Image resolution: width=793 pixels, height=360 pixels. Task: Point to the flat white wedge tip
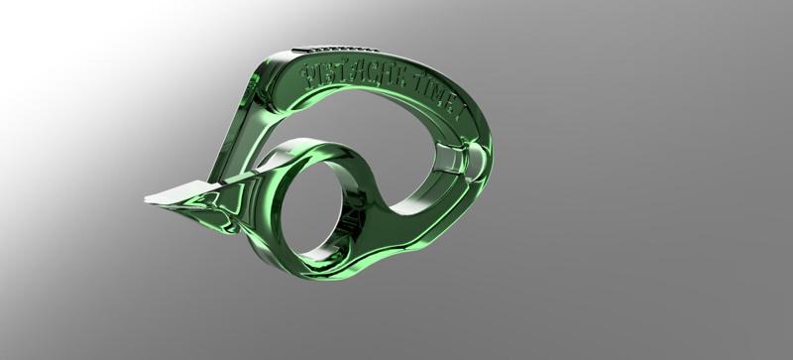(x=164, y=196)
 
